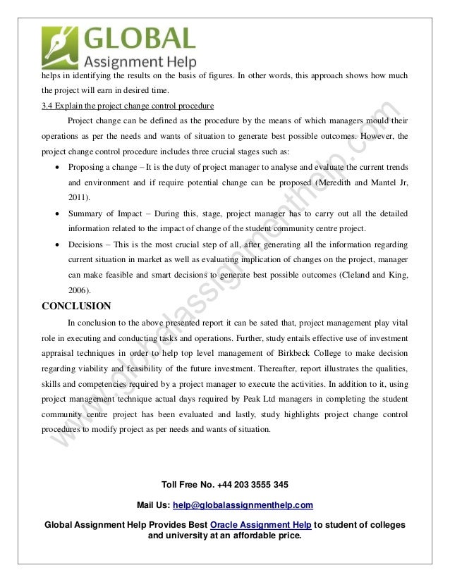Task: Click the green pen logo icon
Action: pyautogui.click(x=61, y=46)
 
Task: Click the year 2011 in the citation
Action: pyautogui.click(x=79, y=198)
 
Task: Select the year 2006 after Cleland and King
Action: pyautogui.click(x=79, y=290)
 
